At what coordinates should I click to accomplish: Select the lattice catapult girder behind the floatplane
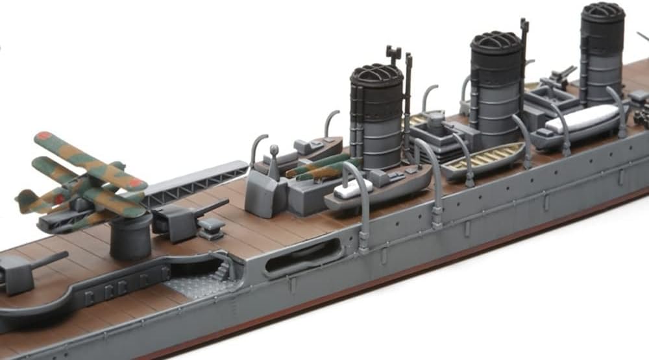[x=195, y=184]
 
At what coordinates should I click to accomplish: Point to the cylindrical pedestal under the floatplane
[x=130, y=237]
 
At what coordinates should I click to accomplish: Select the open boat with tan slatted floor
[x=483, y=157]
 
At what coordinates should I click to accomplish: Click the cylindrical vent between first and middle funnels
[x=437, y=123]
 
